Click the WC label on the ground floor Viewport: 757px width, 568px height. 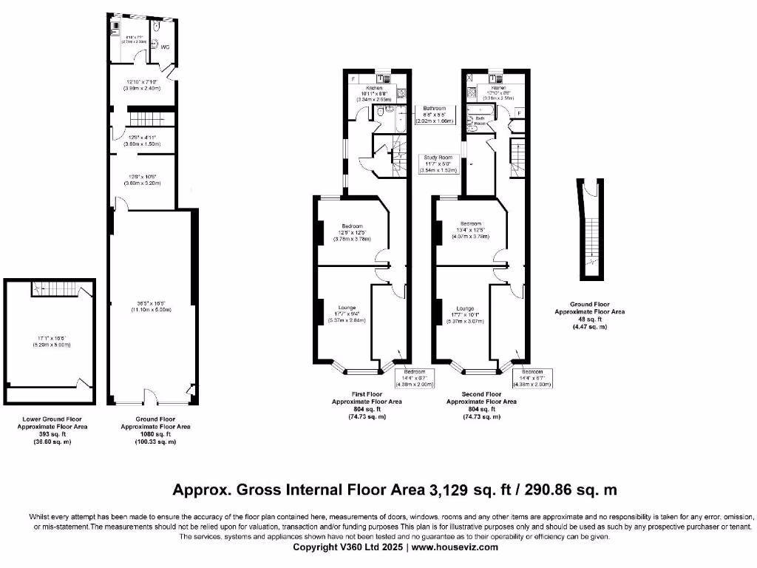click(166, 47)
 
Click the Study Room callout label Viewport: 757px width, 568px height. click(438, 158)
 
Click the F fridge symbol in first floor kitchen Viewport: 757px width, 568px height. click(354, 78)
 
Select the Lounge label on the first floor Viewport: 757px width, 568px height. click(347, 307)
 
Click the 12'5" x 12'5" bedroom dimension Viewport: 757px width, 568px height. click(351, 232)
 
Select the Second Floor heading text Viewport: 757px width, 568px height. click(481, 395)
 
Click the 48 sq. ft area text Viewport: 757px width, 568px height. click(590, 319)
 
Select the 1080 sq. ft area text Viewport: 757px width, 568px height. click(155, 434)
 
